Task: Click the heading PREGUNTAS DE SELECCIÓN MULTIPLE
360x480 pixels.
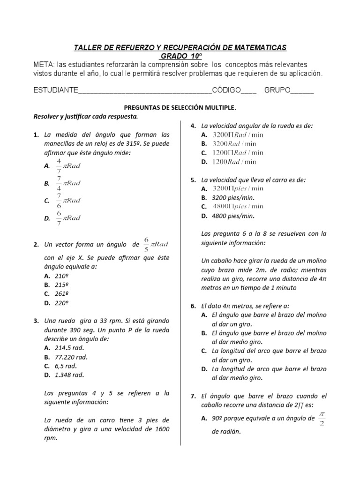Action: coord(180,108)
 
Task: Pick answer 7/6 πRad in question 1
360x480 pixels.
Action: coord(68,201)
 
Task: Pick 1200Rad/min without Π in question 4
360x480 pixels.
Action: coord(234,162)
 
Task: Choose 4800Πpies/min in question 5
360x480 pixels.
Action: coord(238,206)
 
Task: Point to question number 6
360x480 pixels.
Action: coord(193,306)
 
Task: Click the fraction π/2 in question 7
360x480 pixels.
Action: coord(322,419)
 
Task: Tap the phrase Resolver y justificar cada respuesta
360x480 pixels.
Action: coord(85,116)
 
